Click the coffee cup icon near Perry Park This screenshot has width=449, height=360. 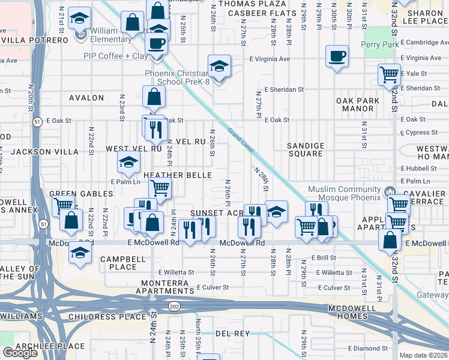337,56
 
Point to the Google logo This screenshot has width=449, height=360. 20,353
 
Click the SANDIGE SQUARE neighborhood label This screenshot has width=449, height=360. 305,149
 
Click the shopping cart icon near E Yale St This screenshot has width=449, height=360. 389,74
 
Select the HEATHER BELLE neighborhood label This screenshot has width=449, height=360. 177,175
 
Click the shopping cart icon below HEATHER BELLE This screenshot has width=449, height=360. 160,188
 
